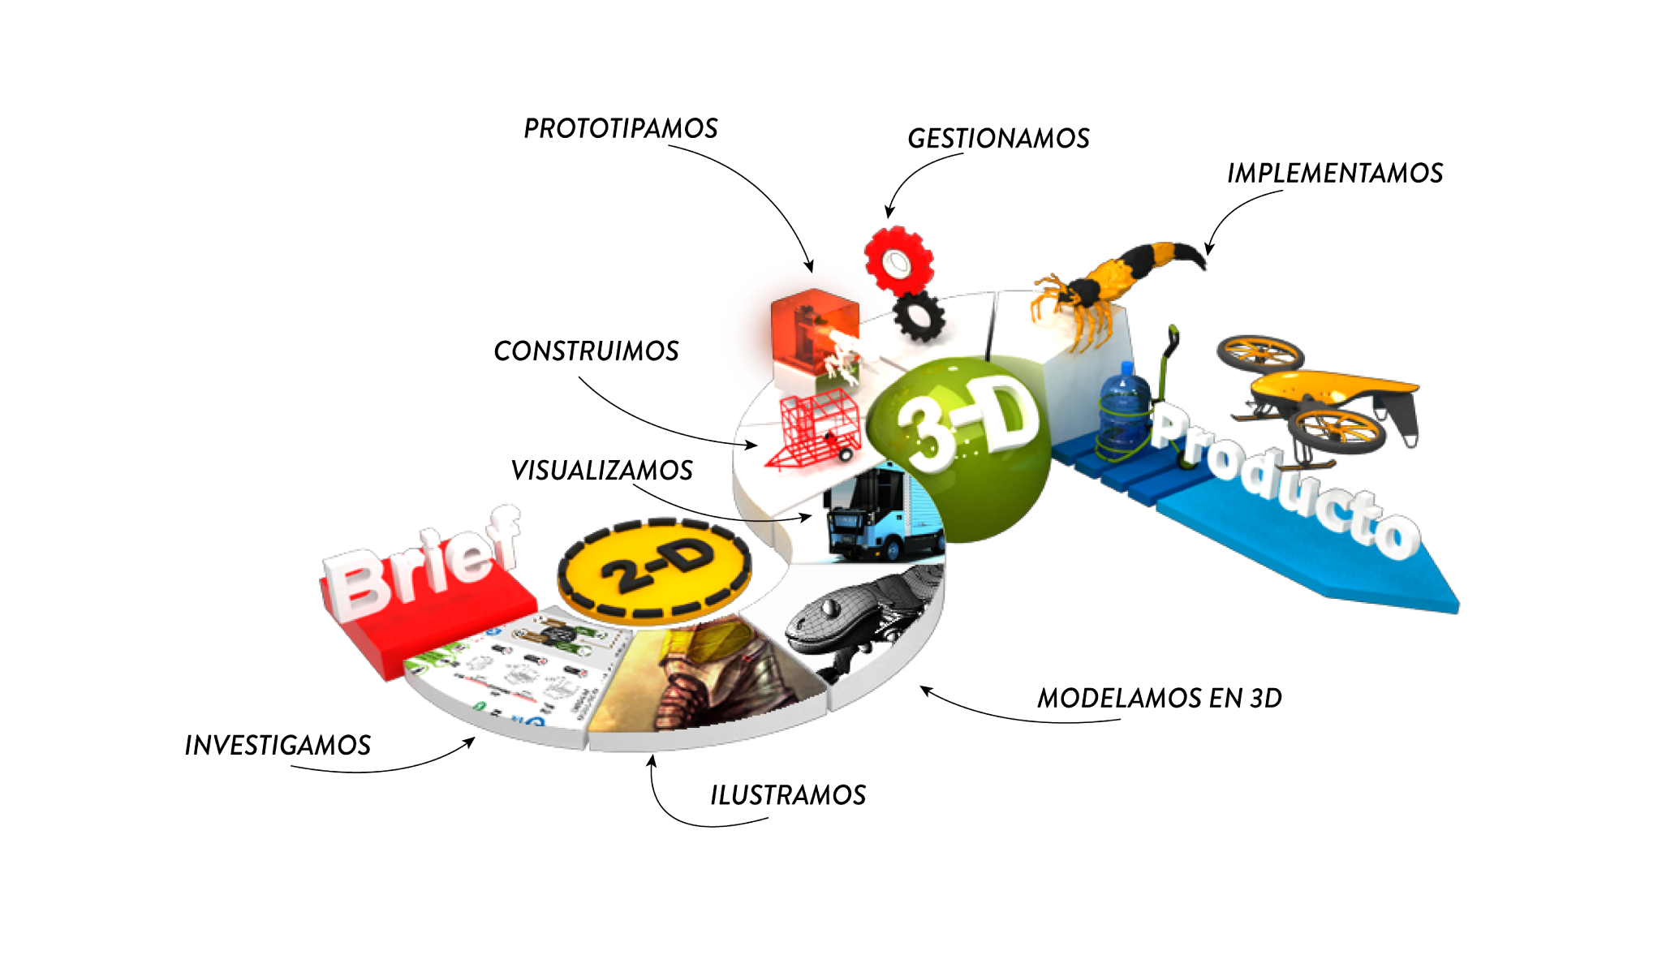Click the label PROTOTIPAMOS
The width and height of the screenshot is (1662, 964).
621,128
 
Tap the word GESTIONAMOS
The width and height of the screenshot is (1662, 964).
998,139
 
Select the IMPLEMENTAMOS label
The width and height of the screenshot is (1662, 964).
1334,174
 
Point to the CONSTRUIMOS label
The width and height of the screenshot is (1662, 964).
586,351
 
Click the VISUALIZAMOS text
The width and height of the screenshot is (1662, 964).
601,471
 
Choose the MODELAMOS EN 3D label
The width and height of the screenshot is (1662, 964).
1159,699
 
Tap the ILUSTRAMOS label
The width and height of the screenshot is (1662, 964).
788,795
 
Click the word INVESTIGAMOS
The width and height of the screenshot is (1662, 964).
278,746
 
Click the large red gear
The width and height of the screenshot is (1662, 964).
898,260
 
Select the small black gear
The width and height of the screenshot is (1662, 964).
919,316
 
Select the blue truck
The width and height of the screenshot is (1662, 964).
881,515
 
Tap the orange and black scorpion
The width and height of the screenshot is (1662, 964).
1112,284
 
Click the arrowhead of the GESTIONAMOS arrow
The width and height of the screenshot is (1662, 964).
889,215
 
